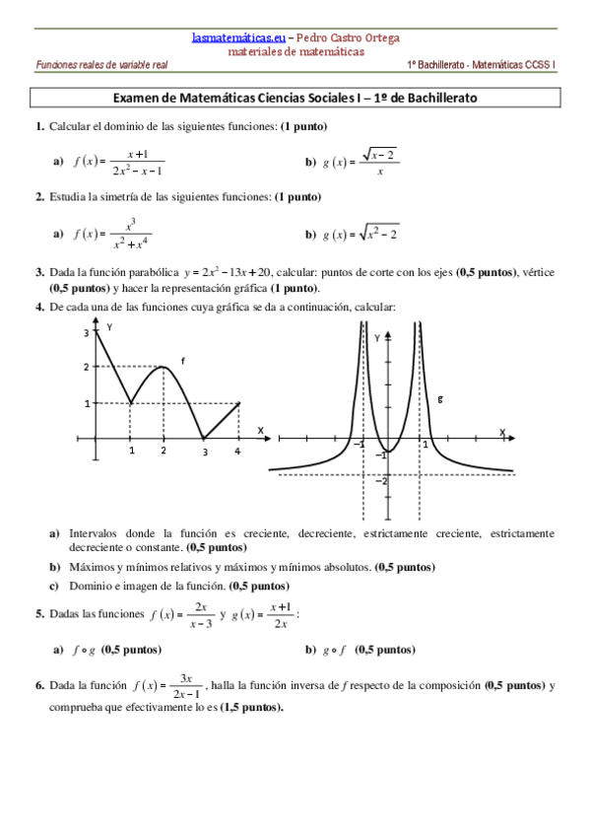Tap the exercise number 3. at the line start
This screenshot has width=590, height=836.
(x=39, y=271)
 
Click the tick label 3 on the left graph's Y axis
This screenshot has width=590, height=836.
(x=86, y=333)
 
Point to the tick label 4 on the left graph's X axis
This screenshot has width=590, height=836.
(x=237, y=452)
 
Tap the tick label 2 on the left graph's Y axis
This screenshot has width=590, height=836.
(x=86, y=367)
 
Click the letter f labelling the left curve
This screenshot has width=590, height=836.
(x=182, y=361)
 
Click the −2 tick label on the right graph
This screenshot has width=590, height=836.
(x=381, y=479)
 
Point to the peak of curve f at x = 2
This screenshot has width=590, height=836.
(x=164, y=367)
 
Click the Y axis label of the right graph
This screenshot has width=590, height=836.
(x=377, y=338)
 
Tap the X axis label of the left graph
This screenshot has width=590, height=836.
(x=260, y=431)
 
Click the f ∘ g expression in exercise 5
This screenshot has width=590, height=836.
(x=83, y=650)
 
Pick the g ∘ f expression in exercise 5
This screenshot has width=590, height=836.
(x=335, y=650)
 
